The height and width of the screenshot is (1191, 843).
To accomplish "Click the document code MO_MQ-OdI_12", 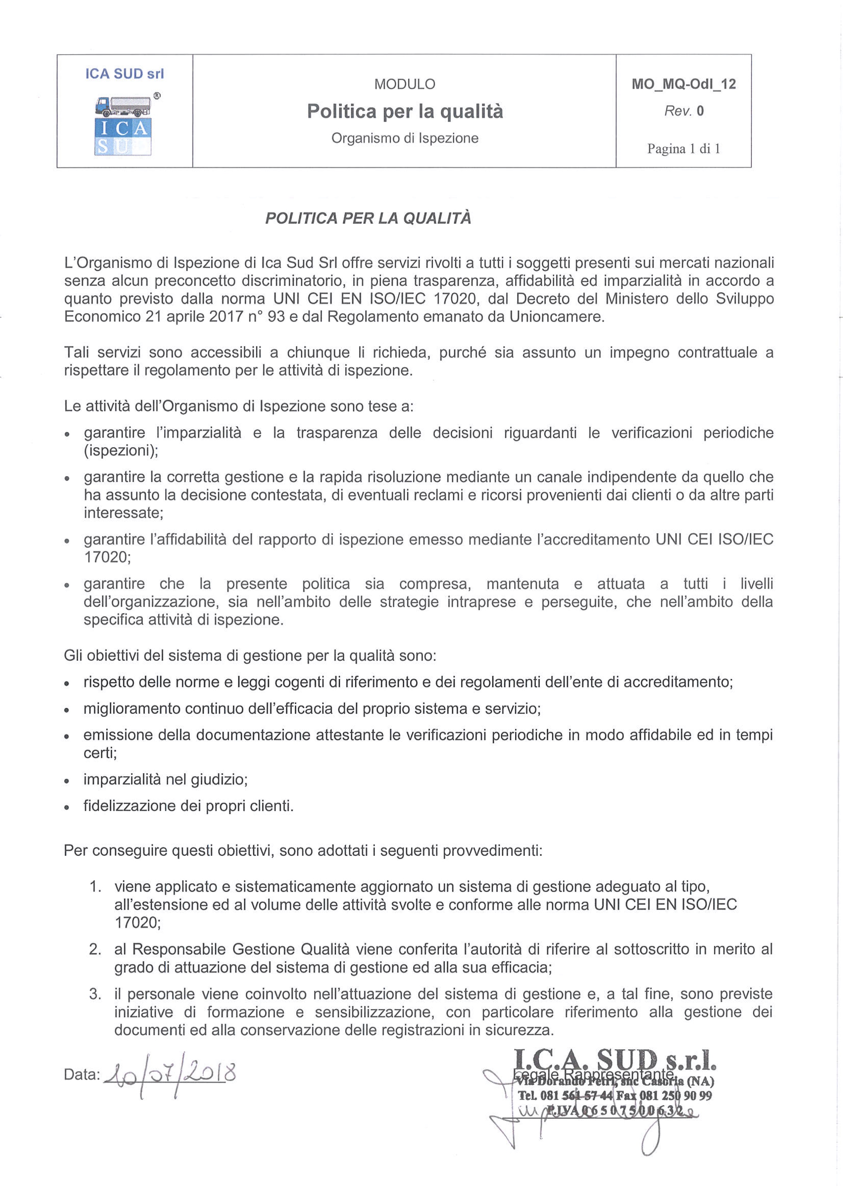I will pyautogui.click(x=684, y=84).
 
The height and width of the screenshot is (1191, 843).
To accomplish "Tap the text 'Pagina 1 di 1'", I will pyautogui.click(x=683, y=149).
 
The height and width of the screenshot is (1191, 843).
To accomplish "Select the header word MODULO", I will pyautogui.click(x=404, y=84).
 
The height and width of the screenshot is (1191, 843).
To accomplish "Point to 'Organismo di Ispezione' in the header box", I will pyautogui.click(x=404, y=138).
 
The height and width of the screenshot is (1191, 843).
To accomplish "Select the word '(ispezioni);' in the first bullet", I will pyautogui.click(x=121, y=450).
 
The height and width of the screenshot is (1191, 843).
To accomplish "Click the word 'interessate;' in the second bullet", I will pyautogui.click(x=123, y=513).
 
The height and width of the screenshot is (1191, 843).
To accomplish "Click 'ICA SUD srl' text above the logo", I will pyautogui.click(x=124, y=74).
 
